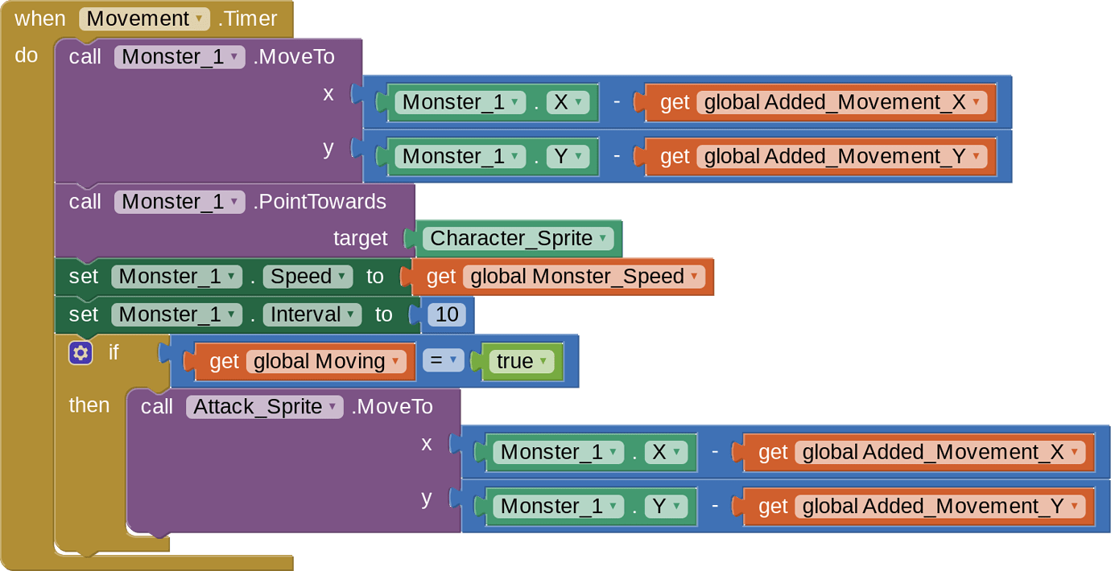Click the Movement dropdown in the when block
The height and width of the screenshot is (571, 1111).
coord(144,18)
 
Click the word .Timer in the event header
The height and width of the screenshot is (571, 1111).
coord(247,18)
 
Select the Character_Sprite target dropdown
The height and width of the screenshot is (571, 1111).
coord(520,239)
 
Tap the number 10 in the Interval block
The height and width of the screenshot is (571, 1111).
coord(446,314)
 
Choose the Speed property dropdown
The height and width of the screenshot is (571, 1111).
coord(310,277)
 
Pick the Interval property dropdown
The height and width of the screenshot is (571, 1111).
coord(315,314)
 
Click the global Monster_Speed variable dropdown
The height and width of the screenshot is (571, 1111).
coord(583,277)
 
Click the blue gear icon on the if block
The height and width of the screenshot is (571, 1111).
coord(81,352)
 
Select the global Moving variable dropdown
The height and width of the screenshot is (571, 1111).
coord(326,362)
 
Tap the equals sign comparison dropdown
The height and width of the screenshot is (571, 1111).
coord(443,362)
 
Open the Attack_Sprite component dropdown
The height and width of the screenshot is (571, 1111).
coord(265,407)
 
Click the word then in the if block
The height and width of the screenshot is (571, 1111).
coord(89,405)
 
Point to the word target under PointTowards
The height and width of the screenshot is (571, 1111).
coord(360,239)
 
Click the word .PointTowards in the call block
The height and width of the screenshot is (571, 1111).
coord(320,202)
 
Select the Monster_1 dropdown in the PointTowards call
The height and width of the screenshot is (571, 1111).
coord(180,202)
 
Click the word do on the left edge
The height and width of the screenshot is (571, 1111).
coord(27,55)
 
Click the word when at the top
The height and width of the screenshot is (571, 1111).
coord(40,18)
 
